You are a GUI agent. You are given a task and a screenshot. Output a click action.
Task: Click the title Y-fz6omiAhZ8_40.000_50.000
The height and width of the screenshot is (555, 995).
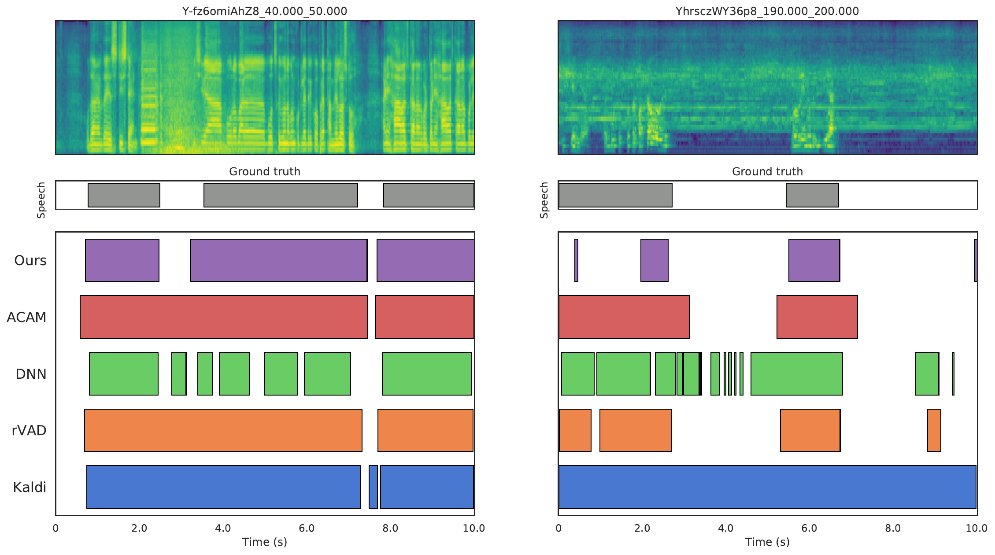tap(265, 11)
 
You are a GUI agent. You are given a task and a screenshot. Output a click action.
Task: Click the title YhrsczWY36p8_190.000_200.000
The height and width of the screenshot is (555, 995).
tap(767, 11)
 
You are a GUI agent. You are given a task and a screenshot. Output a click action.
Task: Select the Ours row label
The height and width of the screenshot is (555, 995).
tap(30, 260)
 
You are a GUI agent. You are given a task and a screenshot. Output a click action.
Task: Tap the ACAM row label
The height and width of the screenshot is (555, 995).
tap(26, 317)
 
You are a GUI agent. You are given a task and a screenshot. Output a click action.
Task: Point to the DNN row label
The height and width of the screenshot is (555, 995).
tap(31, 374)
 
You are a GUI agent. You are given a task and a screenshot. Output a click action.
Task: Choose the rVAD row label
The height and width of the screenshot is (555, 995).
tap(29, 430)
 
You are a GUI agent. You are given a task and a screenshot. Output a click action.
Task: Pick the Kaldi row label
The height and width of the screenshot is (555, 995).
tap(30, 487)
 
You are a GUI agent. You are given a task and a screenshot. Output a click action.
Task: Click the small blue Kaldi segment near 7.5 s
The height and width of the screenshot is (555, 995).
tap(373, 487)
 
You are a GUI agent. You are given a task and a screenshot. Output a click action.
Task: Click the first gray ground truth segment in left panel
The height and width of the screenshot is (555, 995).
tap(124, 195)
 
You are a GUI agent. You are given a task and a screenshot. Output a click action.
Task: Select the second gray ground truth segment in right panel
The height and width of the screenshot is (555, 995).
tap(812, 195)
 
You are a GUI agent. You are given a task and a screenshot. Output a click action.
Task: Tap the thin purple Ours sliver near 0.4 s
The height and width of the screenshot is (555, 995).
tap(576, 260)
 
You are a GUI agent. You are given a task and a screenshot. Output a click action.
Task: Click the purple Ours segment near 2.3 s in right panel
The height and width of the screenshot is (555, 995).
tap(654, 260)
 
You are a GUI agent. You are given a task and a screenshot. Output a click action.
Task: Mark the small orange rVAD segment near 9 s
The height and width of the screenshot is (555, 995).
tap(934, 430)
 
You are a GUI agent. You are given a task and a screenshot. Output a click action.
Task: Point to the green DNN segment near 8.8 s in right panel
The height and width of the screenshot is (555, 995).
tap(927, 374)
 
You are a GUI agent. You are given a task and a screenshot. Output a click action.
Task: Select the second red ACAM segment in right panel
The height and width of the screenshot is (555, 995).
tap(817, 317)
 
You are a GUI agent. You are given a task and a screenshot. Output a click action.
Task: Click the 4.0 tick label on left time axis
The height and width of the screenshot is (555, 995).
tap(223, 528)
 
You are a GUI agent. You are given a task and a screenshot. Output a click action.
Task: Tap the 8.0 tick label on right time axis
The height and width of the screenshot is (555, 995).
tap(893, 528)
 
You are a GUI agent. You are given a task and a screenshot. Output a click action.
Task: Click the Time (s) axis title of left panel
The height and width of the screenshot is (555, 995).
tap(265, 542)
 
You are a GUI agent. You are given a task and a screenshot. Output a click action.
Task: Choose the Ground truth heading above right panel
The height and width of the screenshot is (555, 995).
tap(767, 171)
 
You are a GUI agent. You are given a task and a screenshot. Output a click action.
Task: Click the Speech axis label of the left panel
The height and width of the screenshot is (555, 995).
tap(41, 200)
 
